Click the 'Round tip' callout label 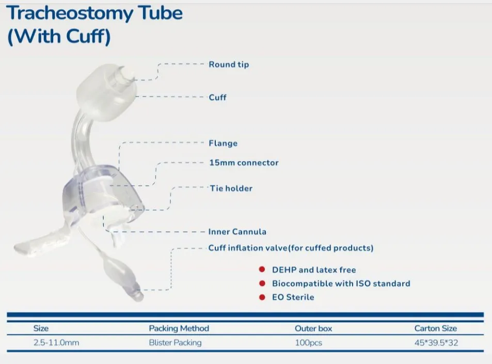(x=228, y=65)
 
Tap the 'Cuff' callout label (x=217, y=97)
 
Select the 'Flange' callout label (x=223, y=143)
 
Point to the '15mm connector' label (x=244, y=163)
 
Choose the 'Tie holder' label (x=231, y=188)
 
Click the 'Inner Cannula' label (x=237, y=232)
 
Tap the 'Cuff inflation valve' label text (x=291, y=248)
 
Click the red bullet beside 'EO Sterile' (x=262, y=297)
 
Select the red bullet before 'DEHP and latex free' (x=262, y=270)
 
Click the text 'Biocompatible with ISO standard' (x=341, y=283)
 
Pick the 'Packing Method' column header (x=179, y=328)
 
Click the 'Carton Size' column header (x=435, y=328)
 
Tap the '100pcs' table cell (x=308, y=342)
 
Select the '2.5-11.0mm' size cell (x=56, y=342)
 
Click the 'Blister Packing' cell (x=175, y=342)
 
